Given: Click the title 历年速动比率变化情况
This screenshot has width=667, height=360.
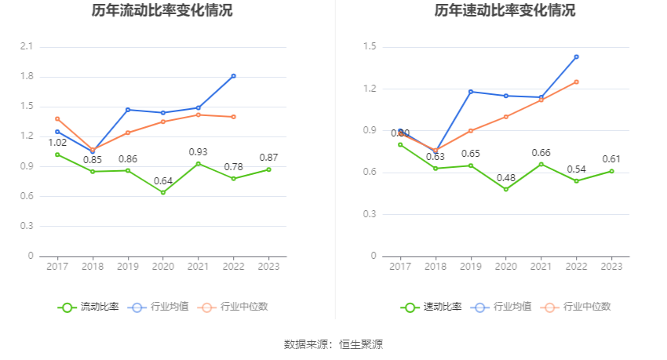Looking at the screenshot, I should pos(505,11).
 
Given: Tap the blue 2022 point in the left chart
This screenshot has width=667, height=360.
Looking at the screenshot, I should pos(233,76).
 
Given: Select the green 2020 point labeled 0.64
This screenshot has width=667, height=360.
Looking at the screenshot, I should pos(163,192).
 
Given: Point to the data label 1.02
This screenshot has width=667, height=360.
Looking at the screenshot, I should pos(57,143).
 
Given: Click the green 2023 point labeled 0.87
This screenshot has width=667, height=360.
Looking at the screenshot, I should pos(268,169).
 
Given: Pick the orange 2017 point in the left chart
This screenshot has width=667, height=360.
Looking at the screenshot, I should pos(57,118).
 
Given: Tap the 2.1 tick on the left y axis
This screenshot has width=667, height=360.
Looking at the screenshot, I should pos(27,47).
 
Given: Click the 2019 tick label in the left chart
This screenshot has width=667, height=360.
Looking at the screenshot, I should pos(128,267).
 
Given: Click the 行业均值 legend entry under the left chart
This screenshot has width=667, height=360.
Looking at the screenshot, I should pos(160,307).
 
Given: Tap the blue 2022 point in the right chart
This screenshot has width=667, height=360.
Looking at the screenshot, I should pos(576,56).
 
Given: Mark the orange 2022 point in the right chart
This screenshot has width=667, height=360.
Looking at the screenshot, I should pos(576,82).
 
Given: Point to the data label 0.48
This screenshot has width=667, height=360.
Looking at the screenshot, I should pos(506,177).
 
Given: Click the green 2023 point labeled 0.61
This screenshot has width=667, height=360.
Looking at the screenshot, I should pos(611,171).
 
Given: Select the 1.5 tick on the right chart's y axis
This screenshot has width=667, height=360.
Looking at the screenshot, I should pos(370,47).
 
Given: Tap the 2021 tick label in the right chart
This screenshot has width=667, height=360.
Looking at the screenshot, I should pos(541,267).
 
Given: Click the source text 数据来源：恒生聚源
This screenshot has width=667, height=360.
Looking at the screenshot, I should pos(333,344).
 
